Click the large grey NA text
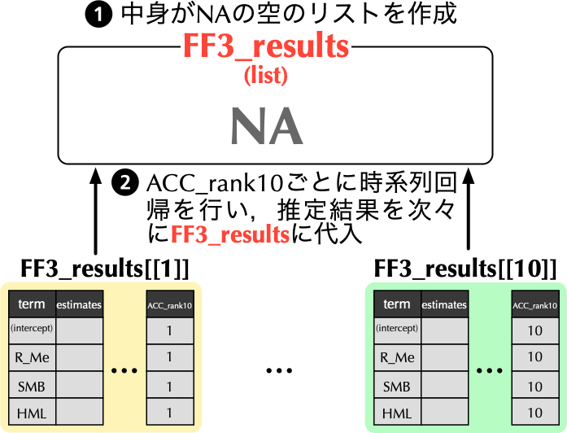(266, 127)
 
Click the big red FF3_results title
(265, 46)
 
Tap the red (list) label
(265, 76)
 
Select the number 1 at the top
(98, 15)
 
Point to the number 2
(124, 183)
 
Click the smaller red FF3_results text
(230, 235)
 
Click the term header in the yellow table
(32, 304)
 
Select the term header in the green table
(397, 304)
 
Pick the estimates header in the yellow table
(79, 305)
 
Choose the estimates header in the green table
(444, 305)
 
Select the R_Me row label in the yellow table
(32, 357)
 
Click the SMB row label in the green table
(397, 386)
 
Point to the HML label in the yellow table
(32, 413)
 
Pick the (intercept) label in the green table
(397, 329)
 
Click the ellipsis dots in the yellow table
(124, 371)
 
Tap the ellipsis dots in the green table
(490, 371)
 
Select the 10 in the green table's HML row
(534, 413)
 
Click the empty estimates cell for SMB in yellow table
(79, 385)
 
